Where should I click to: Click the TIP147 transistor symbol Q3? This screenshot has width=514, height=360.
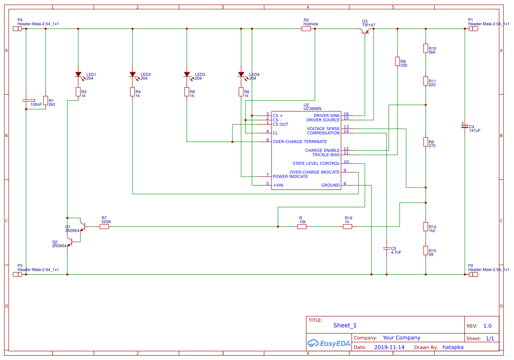point(365,31)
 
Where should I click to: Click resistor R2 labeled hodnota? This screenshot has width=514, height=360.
point(306,29)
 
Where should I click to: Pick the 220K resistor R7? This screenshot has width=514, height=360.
point(104,227)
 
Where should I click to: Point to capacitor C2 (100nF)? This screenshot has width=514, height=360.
point(26,100)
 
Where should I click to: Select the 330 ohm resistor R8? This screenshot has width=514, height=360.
point(397,61)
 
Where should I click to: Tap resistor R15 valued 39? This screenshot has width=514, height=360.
point(426,251)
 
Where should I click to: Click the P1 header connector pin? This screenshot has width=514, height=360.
point(473,29)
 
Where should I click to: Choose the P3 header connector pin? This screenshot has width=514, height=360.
point(18,274)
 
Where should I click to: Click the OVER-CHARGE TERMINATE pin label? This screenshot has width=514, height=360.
point(300,142)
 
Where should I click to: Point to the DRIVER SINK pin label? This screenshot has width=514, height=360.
point(326,116)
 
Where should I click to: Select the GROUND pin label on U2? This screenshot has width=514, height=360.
point(330,185)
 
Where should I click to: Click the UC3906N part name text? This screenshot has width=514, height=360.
point(312,109)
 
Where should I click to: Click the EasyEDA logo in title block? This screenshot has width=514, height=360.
point(329,343)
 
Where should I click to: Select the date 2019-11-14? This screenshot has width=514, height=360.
point(389,347)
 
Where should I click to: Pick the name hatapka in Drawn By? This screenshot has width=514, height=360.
point(453,347)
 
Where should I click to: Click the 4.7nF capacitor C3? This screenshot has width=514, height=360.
point(387,249)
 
